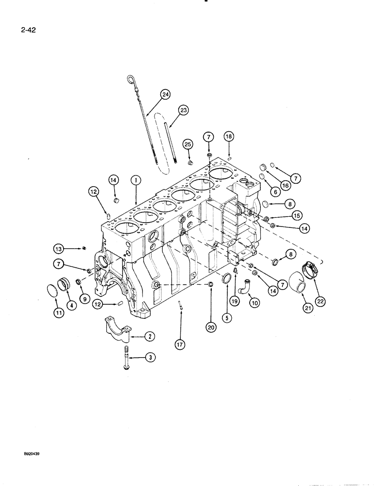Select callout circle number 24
click(x=166, y=95)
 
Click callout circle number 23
click(x=183, y=110)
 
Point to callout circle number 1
click(x=136, y=180)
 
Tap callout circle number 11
click(x=59, y=313)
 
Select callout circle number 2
click(x=137, y=336)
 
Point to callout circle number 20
click(x=210, y=328)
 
